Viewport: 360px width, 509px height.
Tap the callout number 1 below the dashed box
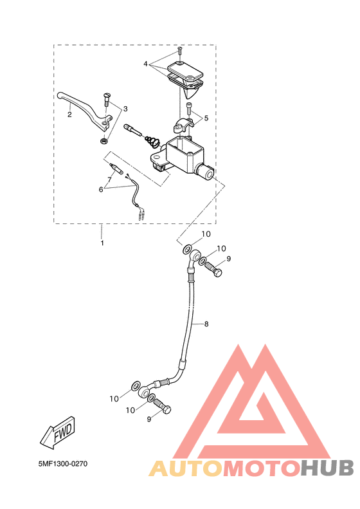click(102, 243)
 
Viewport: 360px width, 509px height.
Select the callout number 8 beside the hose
click(206, 324)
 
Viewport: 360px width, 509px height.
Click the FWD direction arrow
click(59, 432)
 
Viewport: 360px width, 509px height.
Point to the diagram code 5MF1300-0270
click(63, 464)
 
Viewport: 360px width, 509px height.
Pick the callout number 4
click(146, 64)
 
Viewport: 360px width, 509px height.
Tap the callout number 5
click(206, 118)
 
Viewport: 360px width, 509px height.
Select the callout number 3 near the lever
click(125, 109)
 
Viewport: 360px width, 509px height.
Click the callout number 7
click(110, 179)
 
